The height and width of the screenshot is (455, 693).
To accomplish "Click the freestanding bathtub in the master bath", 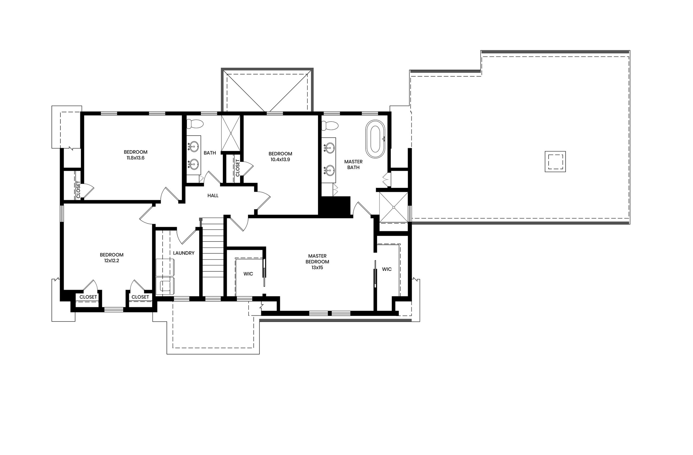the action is (x=375, y=139).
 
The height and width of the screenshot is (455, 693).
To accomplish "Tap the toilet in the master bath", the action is (x=330, y=126).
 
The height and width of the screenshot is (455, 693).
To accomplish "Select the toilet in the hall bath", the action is (x=195, y=124).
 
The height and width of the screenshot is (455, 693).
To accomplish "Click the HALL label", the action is (x=213, y=196).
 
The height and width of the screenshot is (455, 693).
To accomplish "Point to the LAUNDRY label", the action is (x=184, y=253).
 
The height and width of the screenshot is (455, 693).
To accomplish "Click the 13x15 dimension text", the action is (x=317, y=267).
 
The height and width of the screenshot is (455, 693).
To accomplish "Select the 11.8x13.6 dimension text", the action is (x=135, y=158).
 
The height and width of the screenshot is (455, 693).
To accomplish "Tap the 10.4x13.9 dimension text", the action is (x=280, y=159).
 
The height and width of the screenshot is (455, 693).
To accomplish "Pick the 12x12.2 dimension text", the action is (x=112, y=261).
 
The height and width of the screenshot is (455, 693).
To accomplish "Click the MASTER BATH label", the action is (x=353, y=165).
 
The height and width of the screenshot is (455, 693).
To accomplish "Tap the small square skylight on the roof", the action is (x=555, y=162).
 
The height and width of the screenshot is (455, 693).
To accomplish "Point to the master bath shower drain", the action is (x=394, y=207).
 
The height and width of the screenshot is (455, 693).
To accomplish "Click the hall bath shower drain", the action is (x=231, y=133).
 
